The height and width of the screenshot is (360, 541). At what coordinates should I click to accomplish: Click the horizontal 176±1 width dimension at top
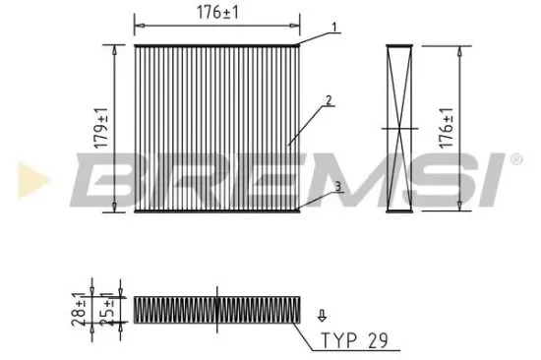pyautogui.click(x=215, y=13)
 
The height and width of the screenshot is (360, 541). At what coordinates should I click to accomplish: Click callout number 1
pyautogui.click(x=334, y=27)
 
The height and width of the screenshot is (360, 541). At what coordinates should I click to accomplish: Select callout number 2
pyautogui.click(x=328, y=99)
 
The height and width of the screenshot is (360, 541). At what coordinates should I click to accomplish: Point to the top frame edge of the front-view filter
pyautogui.click(x=215, y=45)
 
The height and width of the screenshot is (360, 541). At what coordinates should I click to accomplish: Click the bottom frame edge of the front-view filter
pyautogui.click(x=215, y=210)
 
